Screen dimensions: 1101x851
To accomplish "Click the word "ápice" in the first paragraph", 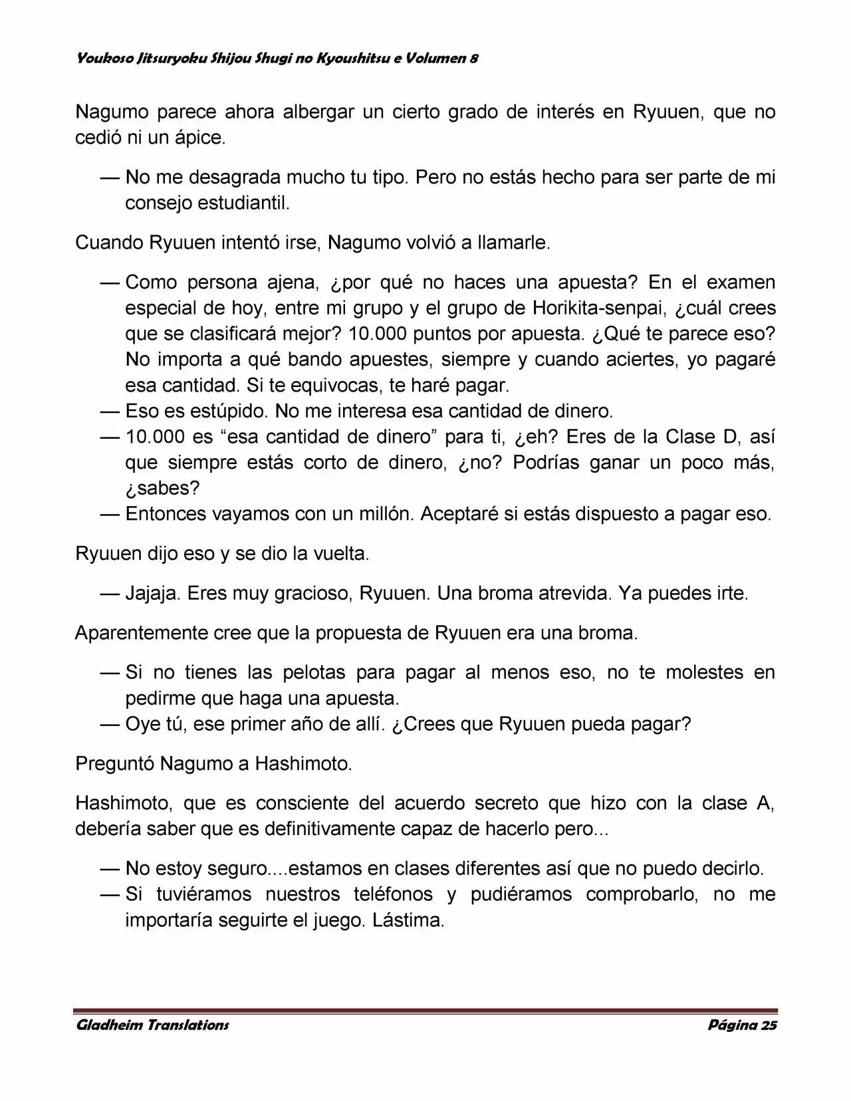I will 199,138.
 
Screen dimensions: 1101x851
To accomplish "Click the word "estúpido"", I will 229,412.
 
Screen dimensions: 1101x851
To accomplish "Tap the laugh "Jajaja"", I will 152,593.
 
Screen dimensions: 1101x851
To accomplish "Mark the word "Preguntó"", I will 114,764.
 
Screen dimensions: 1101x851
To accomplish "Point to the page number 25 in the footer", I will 769,1025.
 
